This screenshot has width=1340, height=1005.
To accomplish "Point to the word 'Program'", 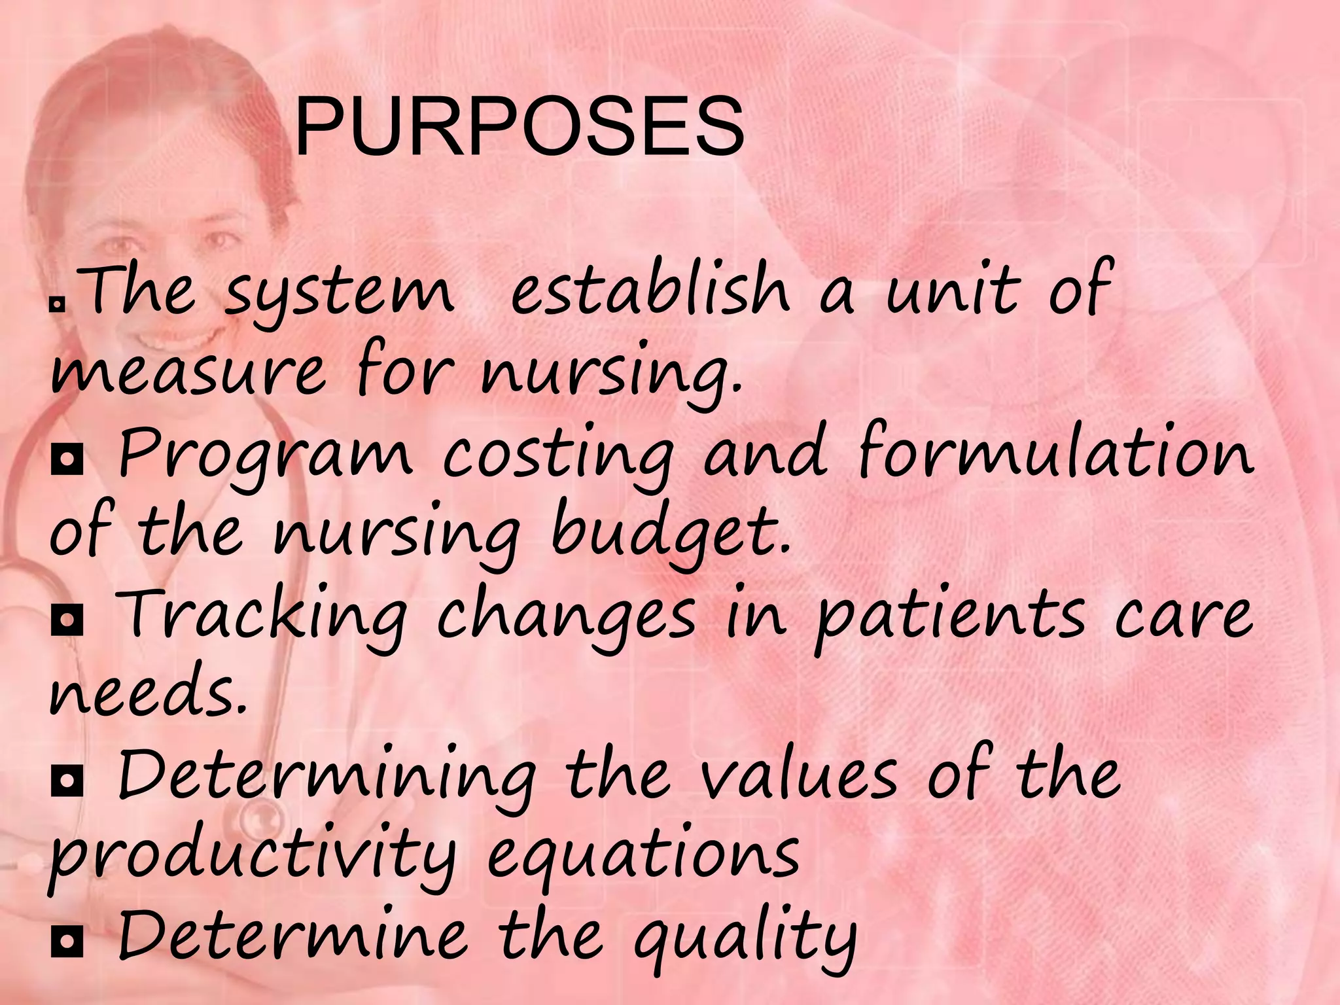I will pos(265,455).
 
